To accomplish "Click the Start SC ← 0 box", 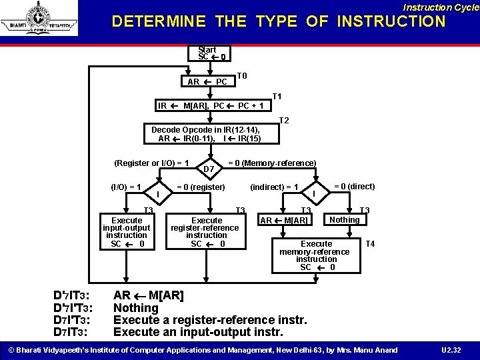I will [x=207, y=53].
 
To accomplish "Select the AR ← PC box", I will [x=207, y=82].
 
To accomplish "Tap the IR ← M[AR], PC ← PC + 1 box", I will [x=211, y=105].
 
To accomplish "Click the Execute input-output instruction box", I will [x=127, y=231].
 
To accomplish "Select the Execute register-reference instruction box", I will [x=207, y=231].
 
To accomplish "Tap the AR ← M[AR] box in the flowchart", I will [x=284, y=221].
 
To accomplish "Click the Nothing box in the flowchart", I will [x=344, y=219].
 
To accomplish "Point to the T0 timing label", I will [x=242, y=76].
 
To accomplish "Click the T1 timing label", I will [x=277, y=97].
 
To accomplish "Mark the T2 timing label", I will [x=283, y=121].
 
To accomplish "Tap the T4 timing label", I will [x=370, y=244].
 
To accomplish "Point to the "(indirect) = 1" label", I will [x=274, y=187].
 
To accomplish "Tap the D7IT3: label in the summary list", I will [x=72, y=332].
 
